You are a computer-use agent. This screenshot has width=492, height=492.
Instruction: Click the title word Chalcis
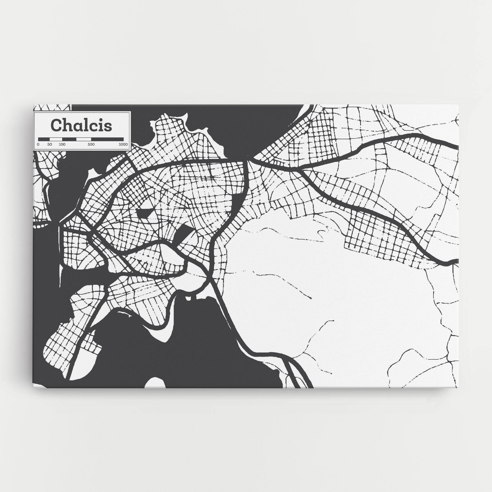(x=82, y=125)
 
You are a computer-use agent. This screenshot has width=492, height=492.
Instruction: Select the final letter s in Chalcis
(x=108, y=127)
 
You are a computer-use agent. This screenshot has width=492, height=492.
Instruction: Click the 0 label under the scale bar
(x=38, y=144)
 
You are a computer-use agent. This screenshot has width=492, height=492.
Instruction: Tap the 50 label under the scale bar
(x=49, y=144)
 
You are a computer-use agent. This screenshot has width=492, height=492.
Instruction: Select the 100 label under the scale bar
(x=62, y=144)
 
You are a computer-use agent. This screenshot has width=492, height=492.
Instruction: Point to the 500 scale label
(x=91, y=144)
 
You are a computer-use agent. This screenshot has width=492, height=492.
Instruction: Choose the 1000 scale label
(x=123, y=144)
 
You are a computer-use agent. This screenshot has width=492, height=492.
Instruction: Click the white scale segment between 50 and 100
(x=56, y=139)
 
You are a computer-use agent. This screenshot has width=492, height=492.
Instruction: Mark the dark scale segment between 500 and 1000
(x=107, y=139)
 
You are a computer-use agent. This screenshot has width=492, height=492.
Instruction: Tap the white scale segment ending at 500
(x=84, y=139)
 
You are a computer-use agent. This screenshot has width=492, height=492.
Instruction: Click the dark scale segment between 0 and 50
(x=44, y=139)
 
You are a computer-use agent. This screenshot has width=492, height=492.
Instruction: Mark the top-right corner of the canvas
(x=459, y=105)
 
